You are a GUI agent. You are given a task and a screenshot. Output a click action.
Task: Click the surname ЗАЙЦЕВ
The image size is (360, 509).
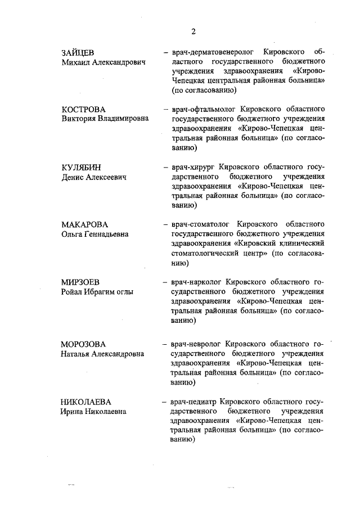[78, 52]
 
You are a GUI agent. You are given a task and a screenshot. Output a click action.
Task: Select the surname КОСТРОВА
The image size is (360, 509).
[84, 109]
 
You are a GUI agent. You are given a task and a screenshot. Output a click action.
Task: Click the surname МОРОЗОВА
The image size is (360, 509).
[84, 344]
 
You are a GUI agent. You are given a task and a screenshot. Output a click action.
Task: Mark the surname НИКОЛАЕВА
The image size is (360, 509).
[86, 402]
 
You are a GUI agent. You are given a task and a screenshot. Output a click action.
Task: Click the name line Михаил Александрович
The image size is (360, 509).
[103, 62]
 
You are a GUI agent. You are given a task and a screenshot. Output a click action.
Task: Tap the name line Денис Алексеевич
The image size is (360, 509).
[93, 177]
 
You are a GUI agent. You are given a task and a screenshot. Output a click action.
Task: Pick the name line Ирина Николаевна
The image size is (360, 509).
[93, 412]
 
